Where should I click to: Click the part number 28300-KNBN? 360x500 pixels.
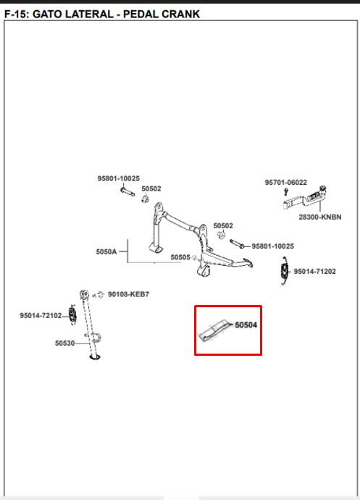(x=320, y=217)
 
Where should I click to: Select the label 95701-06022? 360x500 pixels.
(x=285, y=183)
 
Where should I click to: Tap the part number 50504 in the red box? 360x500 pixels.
(x=246, y=325)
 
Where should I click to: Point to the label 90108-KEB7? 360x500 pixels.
(x=128, y=294)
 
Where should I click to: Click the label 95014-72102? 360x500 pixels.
(x=41, y=315)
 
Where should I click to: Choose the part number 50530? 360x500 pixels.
(x=64, y=343)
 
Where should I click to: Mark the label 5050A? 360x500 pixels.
(x=106, y=251)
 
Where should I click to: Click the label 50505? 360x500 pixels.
(x=180, y=257)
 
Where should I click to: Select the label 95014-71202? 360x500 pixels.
(x=314, y=271)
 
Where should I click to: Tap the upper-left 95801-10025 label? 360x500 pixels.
(x=119, y=178)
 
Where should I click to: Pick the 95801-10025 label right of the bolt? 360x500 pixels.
(x=273, y=246)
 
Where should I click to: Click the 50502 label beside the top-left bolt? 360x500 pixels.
(x=151, y=189)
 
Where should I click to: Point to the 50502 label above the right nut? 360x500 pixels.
(x=223, y=226)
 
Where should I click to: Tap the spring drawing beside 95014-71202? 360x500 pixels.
(x=284, y=271)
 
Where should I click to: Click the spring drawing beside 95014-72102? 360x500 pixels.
(x=72, y=314)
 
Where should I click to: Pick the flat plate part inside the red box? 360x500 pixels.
(x=214, y=330)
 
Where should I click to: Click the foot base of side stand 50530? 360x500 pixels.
(x=95, y=357)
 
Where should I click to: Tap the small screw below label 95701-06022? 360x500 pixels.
(x=285, y=191)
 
